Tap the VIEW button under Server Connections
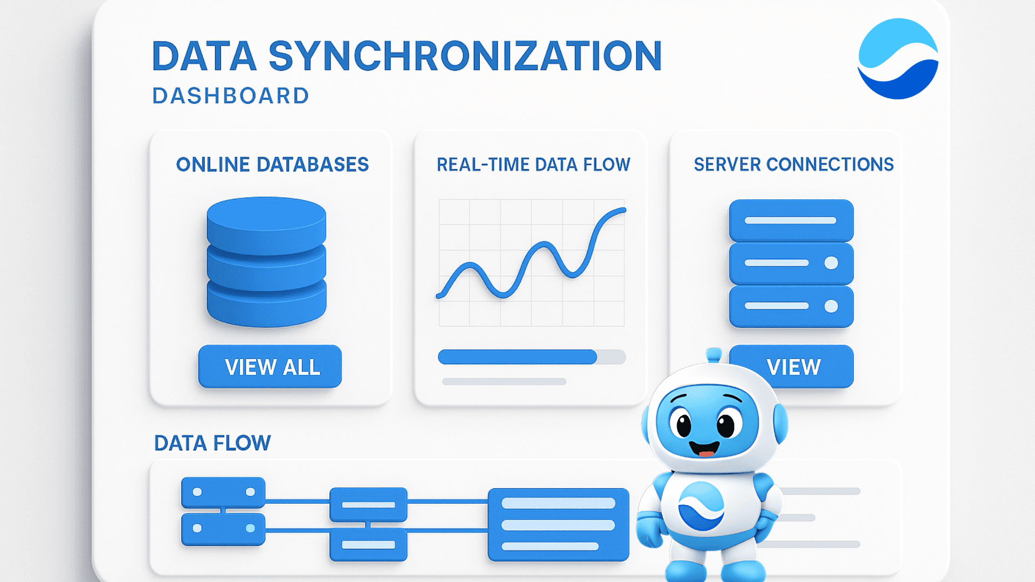pos(793,367)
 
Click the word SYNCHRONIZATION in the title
pos(465,56)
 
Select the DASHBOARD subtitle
pos(231,96)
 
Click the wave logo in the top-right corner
pos(898,59)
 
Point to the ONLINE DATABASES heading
pos(272,164)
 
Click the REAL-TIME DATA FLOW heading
pos(533,164)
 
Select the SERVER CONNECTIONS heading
pos(793,164)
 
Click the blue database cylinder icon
pos(266,261)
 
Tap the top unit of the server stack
pos(791,220)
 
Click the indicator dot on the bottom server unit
pos(831,306)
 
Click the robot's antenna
pos(714,354)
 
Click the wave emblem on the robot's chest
pos(701,506)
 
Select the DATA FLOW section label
pos(212,443)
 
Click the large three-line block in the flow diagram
pos(558,524)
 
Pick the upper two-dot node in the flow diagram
pos(223,492)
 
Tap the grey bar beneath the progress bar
pos(504,382)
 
